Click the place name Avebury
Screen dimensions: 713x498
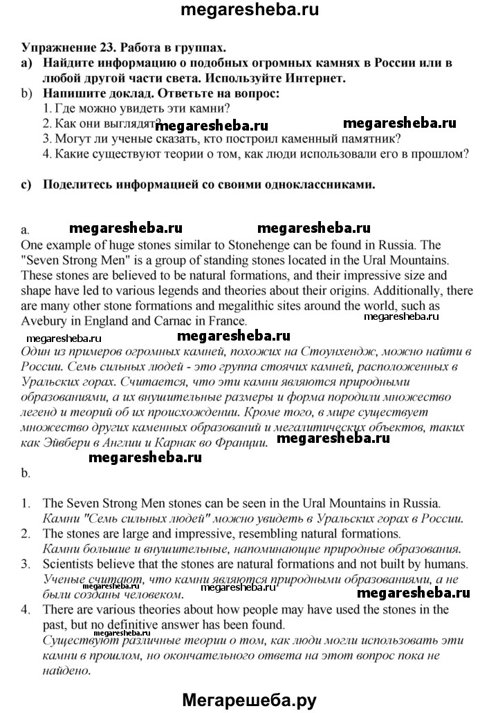46,321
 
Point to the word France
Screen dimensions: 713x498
225,321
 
